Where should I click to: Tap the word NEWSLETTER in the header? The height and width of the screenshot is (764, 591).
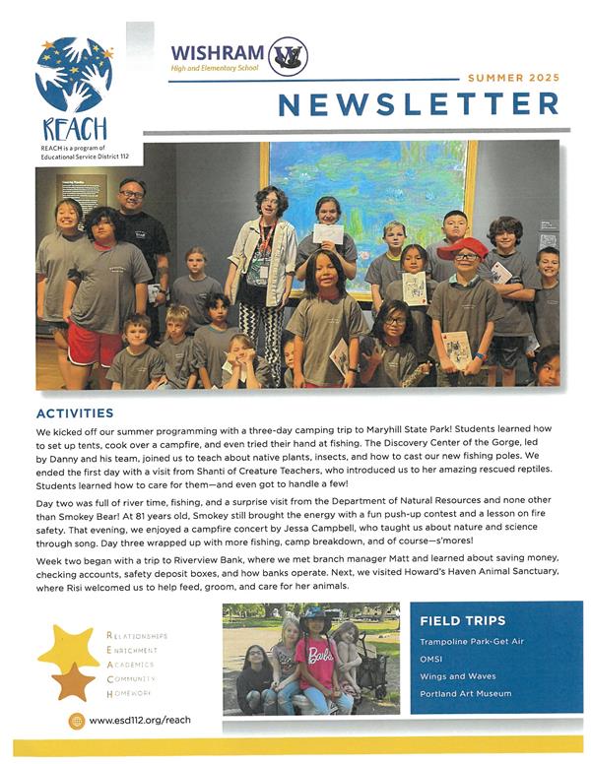click(418, 104)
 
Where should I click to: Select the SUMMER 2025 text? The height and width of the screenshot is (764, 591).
click(513, 77)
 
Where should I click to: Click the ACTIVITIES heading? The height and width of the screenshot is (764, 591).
click(75, 413)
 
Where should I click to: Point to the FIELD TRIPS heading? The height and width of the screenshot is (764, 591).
click(462, 621)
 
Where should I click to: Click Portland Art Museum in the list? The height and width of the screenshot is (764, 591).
click(465, 693)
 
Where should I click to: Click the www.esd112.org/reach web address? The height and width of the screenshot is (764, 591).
click(139, 721)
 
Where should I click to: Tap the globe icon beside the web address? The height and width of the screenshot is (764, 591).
click(76, 721)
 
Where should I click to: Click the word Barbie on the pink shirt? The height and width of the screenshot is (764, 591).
click(321, 655)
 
